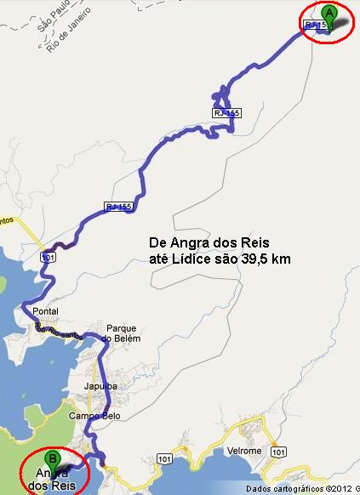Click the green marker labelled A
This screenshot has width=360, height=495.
(329, 14)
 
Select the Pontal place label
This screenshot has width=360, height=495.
(44, 312)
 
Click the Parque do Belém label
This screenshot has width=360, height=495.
(121, 333)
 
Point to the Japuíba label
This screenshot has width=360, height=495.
(100, 385)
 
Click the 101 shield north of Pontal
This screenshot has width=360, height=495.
(49, 255)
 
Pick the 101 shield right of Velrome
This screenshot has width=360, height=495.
(278, 458)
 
